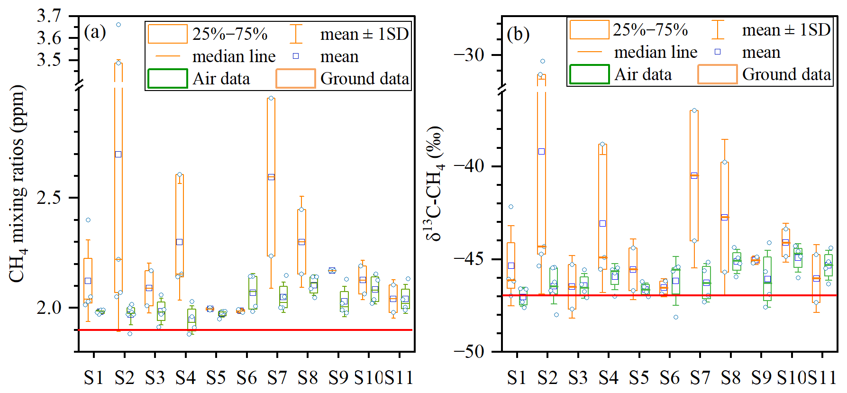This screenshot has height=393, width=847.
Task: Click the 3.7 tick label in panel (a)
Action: (x=49, y=16)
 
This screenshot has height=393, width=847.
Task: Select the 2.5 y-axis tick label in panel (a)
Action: (x=49, y=197)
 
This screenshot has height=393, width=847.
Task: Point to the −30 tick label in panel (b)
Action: (x=469, y=55)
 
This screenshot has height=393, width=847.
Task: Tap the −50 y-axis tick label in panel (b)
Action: (x=469, y=352)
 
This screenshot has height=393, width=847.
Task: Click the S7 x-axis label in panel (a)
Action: (x=277, y=378)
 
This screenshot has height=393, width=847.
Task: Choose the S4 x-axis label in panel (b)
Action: (x=608, y=378)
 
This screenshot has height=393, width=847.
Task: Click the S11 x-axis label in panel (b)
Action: (x=822, y=378)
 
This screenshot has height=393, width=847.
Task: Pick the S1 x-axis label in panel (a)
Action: (x=93, y=378)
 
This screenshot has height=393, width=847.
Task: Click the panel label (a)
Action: (x=95, y=32)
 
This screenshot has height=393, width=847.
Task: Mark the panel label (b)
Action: (x=518, y=34)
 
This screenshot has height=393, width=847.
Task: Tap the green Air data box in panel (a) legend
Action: (x=168, y=79)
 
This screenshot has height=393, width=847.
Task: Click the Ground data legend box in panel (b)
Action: (x=718, y=74)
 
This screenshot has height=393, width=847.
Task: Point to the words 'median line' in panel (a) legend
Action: (x=234, y=57)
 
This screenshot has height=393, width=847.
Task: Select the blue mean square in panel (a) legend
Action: (x=296, y=56)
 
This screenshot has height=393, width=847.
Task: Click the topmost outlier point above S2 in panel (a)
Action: (x=118, y=25)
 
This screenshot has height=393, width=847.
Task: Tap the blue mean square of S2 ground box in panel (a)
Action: (x=118, y=154)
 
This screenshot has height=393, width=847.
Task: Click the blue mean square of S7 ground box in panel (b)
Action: (x=694, y=175)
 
